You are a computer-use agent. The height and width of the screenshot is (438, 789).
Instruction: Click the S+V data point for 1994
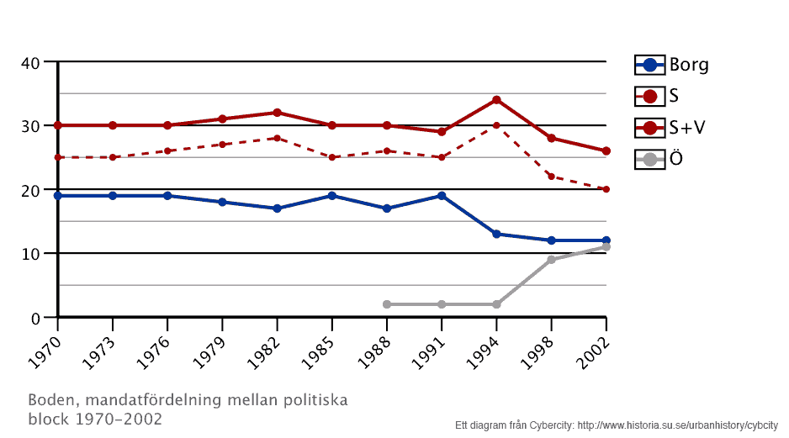click(x=496, y=100)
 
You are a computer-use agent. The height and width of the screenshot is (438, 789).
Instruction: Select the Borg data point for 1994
click(x=496, y=235)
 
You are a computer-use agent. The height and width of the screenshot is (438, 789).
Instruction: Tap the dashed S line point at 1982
click(x=277, y=138)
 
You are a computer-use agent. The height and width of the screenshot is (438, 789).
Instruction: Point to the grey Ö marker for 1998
click(x=551, y=260)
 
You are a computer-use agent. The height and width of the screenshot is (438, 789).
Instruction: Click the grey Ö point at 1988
click(x=387, y=304)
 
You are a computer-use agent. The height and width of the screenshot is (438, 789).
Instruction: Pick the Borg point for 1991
click(x=442, y=196)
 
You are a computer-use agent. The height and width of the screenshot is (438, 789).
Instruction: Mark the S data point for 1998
click(x=551, y=177)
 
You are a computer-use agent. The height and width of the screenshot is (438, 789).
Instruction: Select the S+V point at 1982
click(x=277, y=113)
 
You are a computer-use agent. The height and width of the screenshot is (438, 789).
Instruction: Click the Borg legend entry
click(x=672, y=65)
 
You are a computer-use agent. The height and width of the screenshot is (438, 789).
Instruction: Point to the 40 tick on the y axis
click(x=31, y=62)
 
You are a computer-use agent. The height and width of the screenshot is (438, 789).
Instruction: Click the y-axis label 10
click(x=31, y=254)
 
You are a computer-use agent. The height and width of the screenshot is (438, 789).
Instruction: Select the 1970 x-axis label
click(x=43, y=351)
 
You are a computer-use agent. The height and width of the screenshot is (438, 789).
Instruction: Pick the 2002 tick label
click(x=591, y=351)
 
